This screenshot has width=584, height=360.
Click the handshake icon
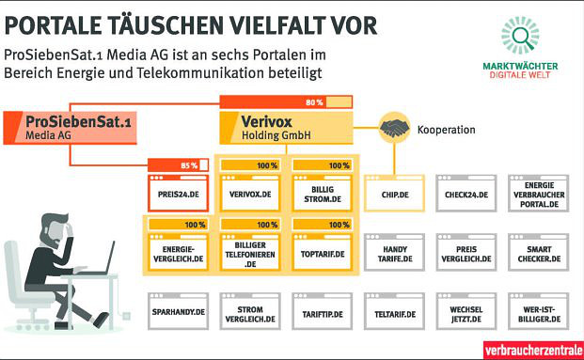(x=394, y=127)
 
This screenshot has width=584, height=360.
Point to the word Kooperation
(x=446, y=130)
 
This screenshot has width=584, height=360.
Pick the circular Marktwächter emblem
(x=519, y=34)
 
